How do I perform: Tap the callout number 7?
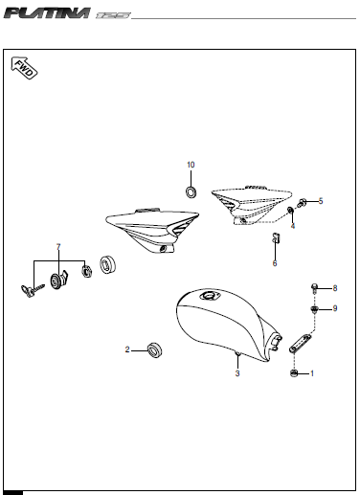(x=58, y=248)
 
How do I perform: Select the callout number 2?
(x=127, y=349)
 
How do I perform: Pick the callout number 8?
(x=335, y=287)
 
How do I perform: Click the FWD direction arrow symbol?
(x=25, y=69)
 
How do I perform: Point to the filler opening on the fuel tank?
(x=209, y=302)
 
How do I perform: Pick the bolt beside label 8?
(x=315, y=287)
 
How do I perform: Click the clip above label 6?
(x=274, y=238)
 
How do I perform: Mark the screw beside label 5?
(x=303, y=203)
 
